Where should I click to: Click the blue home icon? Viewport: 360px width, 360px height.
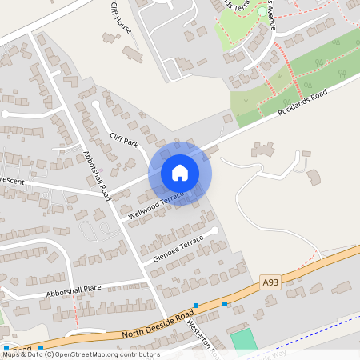(x=180, y=173)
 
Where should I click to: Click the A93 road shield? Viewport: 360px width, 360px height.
(x=270, y=282)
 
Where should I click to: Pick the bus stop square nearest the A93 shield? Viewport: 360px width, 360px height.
(x=225, y=304)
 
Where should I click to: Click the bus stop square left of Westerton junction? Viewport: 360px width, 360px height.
(x=195, y=305)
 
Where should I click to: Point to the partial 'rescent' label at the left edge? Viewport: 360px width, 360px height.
(x=13, y=182)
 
